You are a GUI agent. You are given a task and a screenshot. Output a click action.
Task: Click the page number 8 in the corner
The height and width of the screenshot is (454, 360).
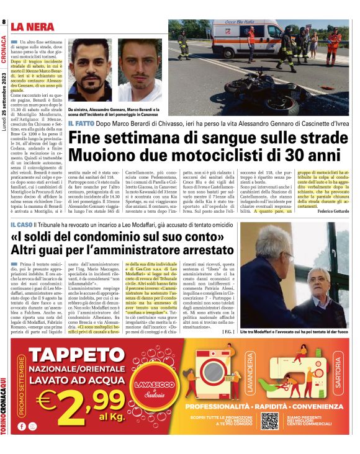(4, 22)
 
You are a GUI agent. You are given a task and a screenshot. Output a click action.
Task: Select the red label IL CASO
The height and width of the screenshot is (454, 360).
(20, 223)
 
